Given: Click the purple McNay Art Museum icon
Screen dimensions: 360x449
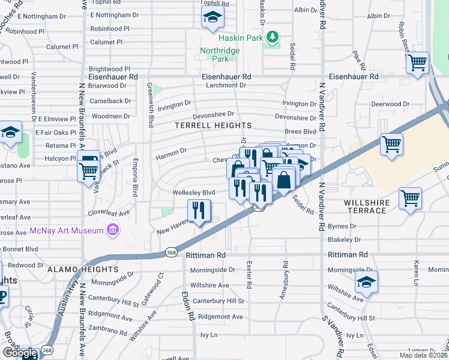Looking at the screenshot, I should point(112,229).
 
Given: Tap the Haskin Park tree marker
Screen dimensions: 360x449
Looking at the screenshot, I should point(273,37).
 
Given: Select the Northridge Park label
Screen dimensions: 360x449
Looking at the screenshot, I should point(220,55).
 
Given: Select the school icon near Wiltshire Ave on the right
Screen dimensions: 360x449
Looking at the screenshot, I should point(366,281).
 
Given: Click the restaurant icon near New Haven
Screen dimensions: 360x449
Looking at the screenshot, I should point(198,211).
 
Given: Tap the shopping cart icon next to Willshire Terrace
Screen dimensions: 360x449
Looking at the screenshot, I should point(410,197).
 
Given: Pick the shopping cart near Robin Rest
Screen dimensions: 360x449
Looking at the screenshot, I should point(417,62).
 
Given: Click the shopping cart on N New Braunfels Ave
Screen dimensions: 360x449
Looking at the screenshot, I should point(89,170).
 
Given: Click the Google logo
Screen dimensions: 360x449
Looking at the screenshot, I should point(20,353).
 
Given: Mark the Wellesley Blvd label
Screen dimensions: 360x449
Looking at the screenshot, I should point(193,193).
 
